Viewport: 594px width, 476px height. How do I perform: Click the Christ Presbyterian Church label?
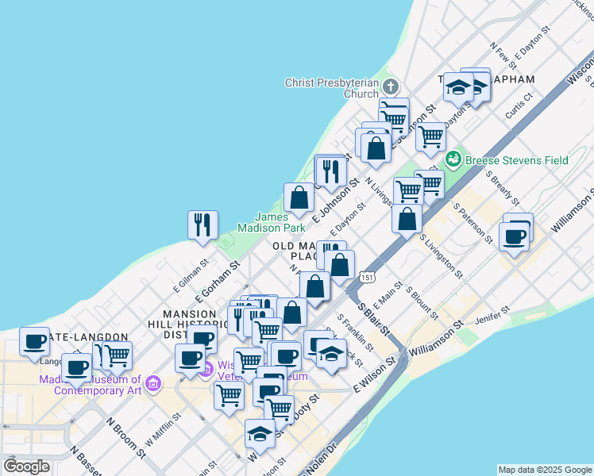click(333, 87)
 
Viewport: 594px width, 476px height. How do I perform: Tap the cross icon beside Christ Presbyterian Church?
click(390, 86)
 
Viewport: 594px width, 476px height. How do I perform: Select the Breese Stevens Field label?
click(516, 160)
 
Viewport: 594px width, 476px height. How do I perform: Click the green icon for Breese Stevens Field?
click(453, 159)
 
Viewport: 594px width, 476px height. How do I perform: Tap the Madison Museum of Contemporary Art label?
click(91, 385)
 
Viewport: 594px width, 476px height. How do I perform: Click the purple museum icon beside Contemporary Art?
click(154, 385)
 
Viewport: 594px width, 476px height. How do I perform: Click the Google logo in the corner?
click(26, 466)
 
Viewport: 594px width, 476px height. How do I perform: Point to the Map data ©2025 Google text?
click(545, 470)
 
